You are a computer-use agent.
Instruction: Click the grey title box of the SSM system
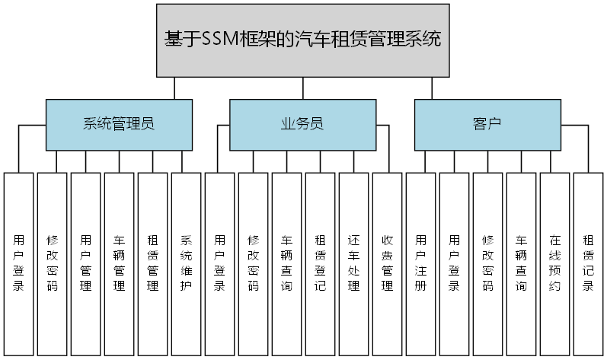pos(303,40)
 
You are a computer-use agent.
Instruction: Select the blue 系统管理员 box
pos(119,124)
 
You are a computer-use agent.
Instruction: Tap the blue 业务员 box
pos(303,124)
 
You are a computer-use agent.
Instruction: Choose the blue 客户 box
pos(487,124)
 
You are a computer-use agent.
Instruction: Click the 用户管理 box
pos(86,263)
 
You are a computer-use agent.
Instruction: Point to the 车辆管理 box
pos(120,263)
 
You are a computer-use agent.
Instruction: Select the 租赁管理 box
pos(153,263)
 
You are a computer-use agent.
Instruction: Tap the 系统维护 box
pos(187,263)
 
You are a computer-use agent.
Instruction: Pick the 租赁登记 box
pos(321,263)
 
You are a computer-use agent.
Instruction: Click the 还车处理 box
pos(354,263)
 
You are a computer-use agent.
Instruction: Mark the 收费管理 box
pos(388,263)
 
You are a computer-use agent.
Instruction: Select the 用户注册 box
pos(421,263)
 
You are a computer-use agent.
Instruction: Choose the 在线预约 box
pos(555,263)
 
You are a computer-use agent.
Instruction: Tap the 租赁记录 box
pos(589,263)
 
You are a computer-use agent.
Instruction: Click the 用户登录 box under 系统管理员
pos(19,263)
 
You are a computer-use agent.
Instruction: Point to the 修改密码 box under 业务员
pos(254,263)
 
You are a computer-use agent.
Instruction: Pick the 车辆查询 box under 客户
pos(522,263)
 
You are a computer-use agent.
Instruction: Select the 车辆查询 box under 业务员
pos(287,263)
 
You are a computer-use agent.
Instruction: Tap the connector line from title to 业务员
pos(303,88)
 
